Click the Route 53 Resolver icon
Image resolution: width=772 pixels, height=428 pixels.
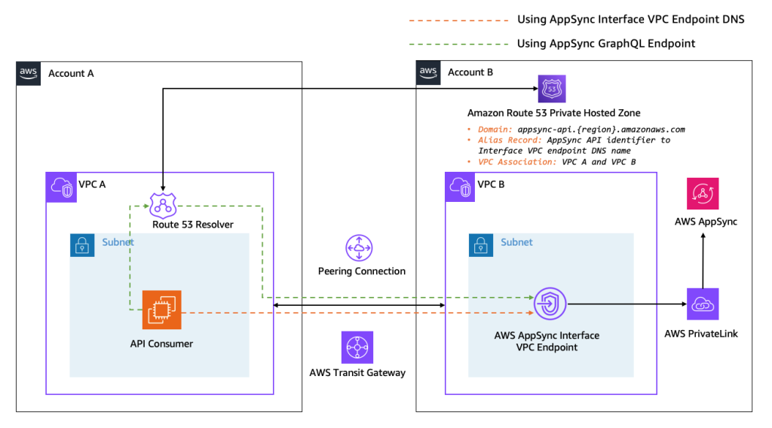coord(163,205)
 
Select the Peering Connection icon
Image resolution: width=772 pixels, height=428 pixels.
coord(359,248)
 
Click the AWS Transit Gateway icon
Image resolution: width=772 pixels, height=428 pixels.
coord(357,347)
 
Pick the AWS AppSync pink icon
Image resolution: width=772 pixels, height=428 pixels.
coord(703,194)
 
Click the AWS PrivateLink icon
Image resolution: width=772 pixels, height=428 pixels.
coord(703,304)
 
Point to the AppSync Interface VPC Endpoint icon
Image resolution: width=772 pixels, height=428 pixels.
coord(551,304)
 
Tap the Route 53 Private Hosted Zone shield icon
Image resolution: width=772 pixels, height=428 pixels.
coord(552,90)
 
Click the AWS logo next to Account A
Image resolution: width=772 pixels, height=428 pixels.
coord(29,73)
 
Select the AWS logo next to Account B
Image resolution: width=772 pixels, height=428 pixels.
coord(428,73)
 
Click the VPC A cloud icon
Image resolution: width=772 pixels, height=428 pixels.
coord(60,187)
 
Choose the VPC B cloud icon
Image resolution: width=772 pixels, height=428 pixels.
coord(460,187)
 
